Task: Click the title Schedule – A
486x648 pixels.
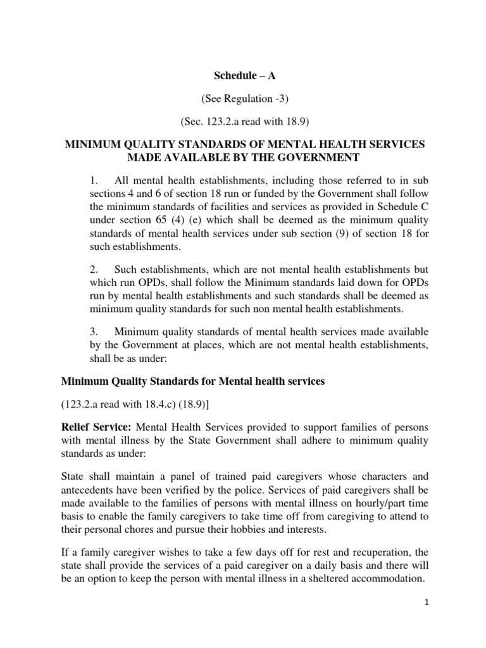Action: (x=244, y=77)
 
